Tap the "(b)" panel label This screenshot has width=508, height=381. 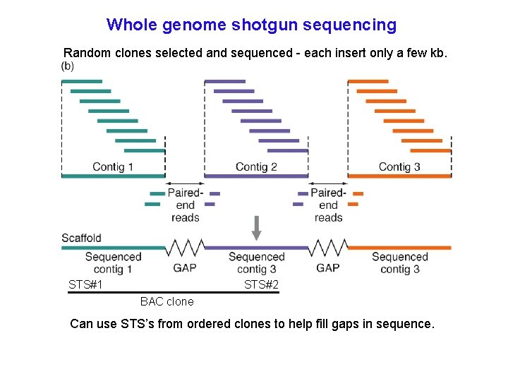coord(67,66)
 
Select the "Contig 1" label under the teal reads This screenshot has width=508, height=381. coord(113,167)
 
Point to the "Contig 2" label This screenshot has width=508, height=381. coord(256,167)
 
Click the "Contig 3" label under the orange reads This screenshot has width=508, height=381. coord(399,167)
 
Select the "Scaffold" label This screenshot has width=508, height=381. coord(81,238)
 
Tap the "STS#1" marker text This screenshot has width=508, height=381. coord(86,285)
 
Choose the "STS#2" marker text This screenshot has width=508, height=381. coord(261,285)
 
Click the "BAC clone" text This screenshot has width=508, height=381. coord(167,302)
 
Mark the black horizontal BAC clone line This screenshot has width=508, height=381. coord(173,292)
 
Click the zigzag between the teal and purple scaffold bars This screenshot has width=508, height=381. coord(185,248)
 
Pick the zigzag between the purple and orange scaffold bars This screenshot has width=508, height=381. coord(328,248)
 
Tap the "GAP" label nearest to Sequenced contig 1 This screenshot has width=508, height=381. coord(185,268)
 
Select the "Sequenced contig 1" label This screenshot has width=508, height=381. coord(113,263)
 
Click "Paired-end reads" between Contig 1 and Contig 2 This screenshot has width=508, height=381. coord(185,205)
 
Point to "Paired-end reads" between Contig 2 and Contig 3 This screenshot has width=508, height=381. coord(328,205)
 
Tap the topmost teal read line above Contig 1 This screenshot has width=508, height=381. coord(82,82)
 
